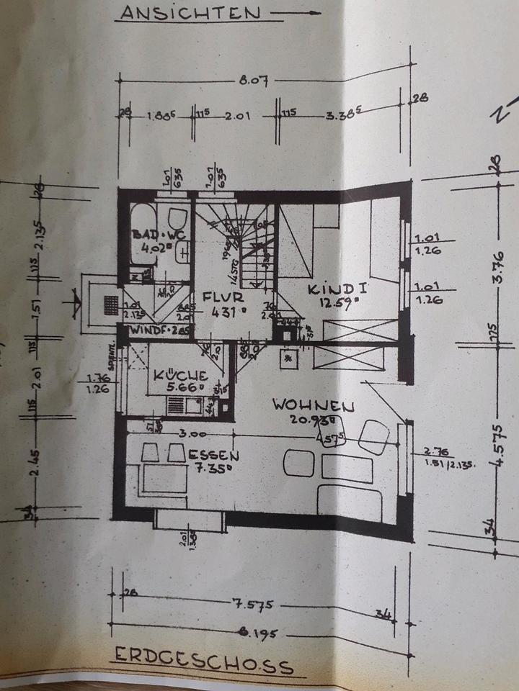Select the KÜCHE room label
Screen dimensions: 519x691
180,375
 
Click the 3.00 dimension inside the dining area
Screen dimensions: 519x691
194,434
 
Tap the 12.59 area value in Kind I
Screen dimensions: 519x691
338,304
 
